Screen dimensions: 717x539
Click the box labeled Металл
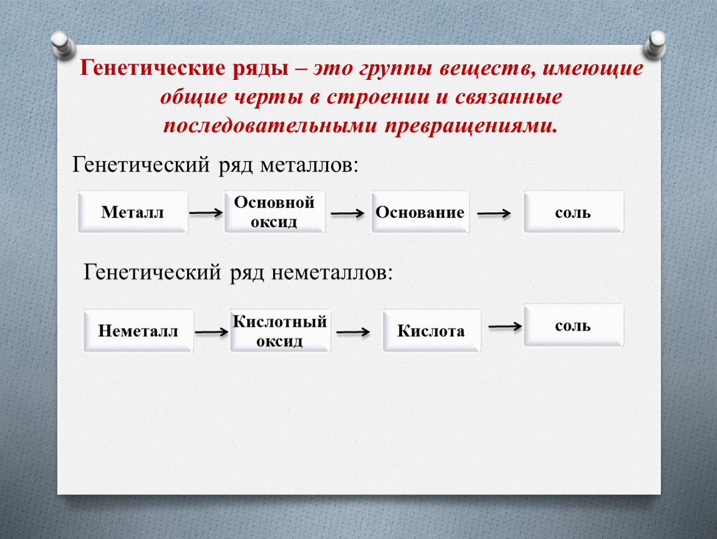point(133,212)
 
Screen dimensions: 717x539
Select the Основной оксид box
point(274,212)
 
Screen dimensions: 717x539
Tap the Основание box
point(420,212)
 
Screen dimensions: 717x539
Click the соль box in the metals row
point(574,212)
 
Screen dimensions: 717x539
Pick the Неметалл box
point(138,331)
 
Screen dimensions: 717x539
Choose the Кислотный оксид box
point(280,331)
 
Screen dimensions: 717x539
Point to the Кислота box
point(431,331)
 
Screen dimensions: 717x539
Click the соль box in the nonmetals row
point(574,325)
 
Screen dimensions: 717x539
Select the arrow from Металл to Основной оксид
point(206,213)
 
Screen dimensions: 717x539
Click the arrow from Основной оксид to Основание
point(347,213)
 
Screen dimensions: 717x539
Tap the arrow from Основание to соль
point(494,213)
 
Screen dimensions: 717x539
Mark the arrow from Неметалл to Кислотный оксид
point(211,332)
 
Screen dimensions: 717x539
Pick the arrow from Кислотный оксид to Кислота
point(353,332)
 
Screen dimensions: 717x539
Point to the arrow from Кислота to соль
point(505,326)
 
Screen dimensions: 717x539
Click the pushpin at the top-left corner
point(62,45)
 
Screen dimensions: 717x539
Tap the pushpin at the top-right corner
point(655,45)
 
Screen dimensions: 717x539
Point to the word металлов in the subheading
point(309,165)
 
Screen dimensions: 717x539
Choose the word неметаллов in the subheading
point(332,273)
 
